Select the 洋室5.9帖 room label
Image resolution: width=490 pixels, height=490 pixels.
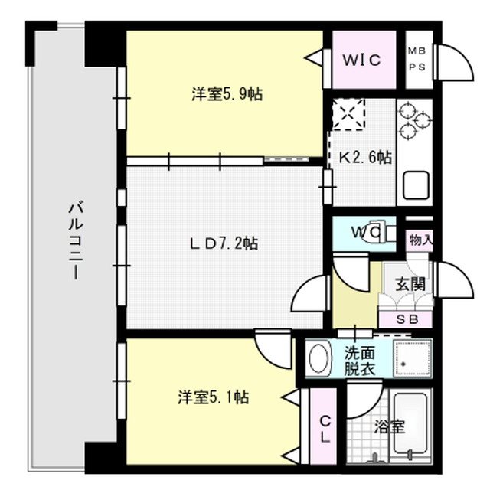pyautogui.click(x=227, y=95)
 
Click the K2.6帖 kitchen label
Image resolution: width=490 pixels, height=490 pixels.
pyautogui.click(x=365, y=157)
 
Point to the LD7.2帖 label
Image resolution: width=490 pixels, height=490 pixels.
pyautogui.click(x=224, y=243)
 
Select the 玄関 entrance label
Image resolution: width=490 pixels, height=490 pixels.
pyautogui.click(x=410, y=283)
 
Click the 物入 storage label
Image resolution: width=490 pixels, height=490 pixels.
pyautogui.click(x=420, y=239)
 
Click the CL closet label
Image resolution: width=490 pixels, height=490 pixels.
pyautogui.click(x=325, y=429)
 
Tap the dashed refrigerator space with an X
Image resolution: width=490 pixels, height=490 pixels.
pyautogui.click(x=348, y=116)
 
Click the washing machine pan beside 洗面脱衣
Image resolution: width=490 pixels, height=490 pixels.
pyautogui.click(x=413, y=357)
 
